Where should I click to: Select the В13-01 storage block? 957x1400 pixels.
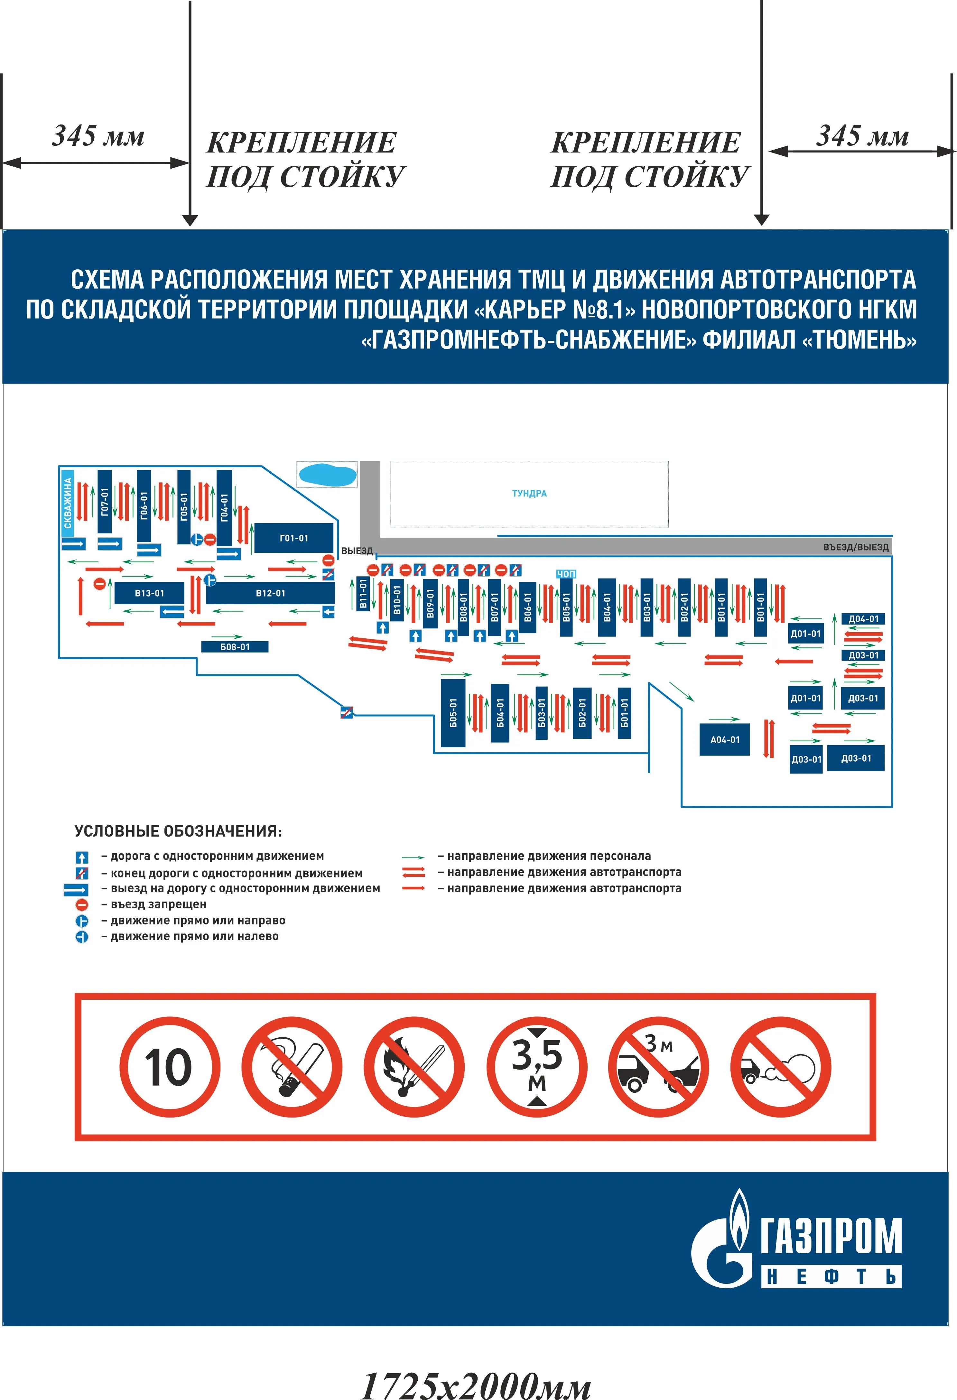click(x=149, y=593)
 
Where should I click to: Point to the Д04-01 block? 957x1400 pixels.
click(x=863, y=619)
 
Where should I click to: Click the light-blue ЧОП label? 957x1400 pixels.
click(x=565, y=574)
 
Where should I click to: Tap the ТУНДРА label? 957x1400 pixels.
click(x=529, y=493)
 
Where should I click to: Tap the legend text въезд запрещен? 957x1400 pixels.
click(x=158, y=904)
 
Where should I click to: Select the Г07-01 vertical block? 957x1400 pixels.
click(x=105, y=502)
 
